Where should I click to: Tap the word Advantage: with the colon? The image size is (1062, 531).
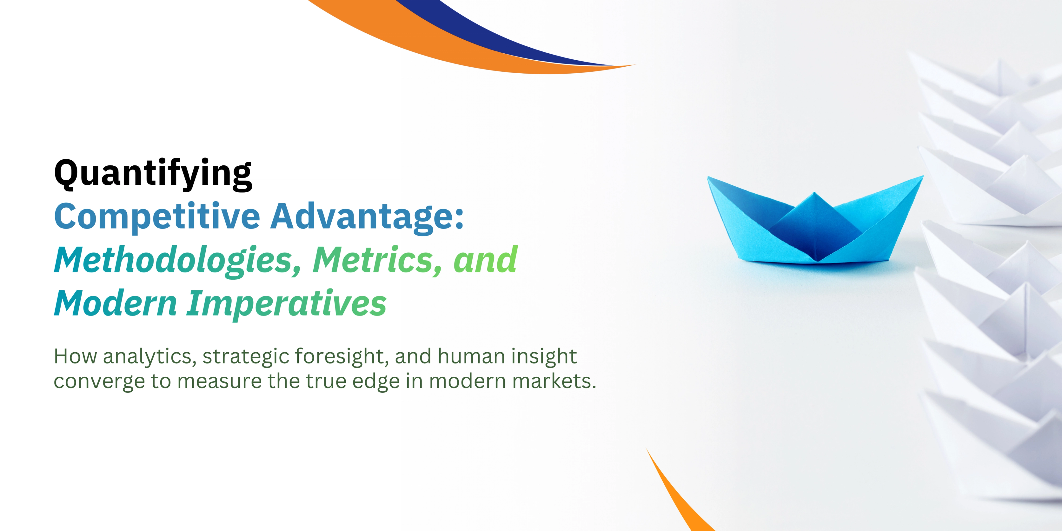point(367,217)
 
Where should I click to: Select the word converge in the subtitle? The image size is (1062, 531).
point(99,382)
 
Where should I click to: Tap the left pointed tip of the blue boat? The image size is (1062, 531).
point(709,178)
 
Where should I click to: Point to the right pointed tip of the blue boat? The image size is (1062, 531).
point(922,177)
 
